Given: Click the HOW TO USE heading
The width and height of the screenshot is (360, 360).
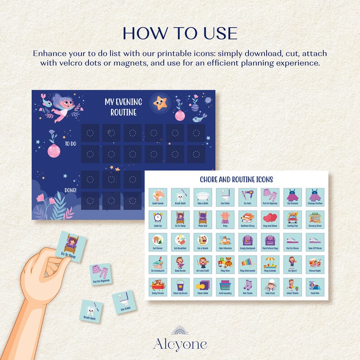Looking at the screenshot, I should [180, 34].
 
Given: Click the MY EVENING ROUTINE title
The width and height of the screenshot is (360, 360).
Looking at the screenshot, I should [123, 107].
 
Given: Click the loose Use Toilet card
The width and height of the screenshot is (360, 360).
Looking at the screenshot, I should [123, 302].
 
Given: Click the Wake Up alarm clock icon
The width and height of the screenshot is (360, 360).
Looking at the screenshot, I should [158, 219].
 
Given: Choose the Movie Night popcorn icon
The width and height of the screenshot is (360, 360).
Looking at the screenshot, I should [315, 263].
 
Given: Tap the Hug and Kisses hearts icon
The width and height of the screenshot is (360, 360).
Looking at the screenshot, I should [270, 219].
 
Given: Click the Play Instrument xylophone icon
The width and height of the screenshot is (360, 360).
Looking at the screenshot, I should [248, 263].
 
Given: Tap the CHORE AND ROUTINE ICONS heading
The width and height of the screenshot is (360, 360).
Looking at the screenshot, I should [236, 180].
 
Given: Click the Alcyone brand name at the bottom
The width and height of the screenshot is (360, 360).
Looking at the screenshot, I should [180, 344].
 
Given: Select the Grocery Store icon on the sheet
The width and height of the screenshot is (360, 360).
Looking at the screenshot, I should [315, 219].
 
